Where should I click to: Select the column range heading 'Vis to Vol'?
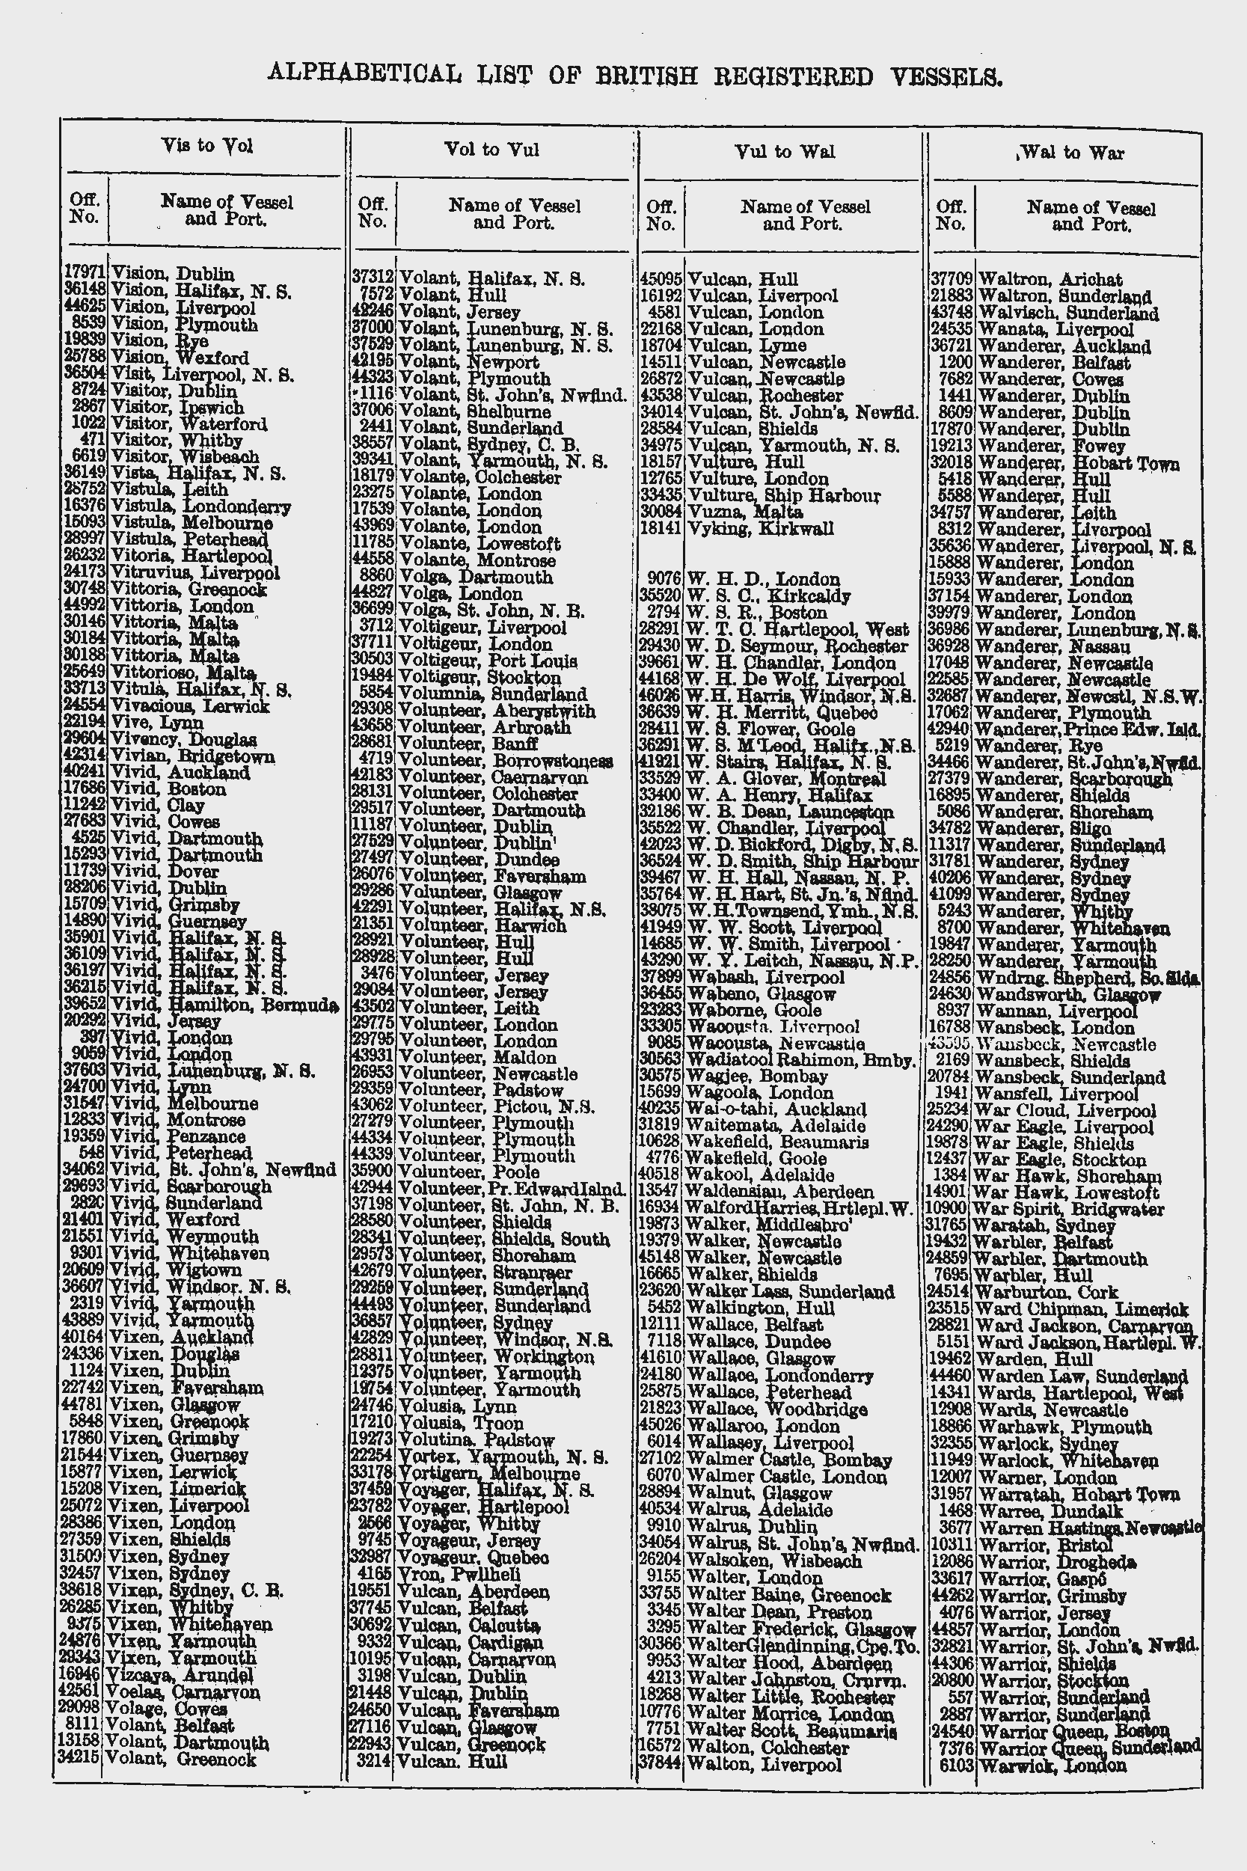[x=206, y=146]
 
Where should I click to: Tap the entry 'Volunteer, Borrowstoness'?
[x=505, y=761]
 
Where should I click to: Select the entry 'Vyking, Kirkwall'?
[x=760, y=529]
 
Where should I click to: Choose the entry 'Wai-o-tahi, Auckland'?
[x=776, y=1109]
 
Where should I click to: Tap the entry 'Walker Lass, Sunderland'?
[x=790, y=1292]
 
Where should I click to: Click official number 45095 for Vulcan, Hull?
[x=661, y=279]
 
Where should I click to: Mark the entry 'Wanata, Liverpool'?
[x=1055, y=329]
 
